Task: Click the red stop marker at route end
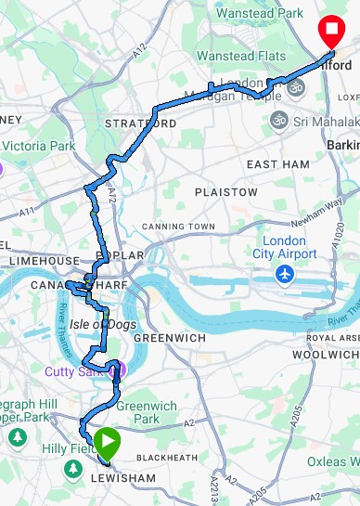[x=329, y=32]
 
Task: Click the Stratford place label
[x=140, y=123]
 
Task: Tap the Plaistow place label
[x=225, y=191]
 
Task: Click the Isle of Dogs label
[x=102, y=323]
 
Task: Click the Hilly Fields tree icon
[x=71, y=471]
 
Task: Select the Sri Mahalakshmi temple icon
[x=277, y=121]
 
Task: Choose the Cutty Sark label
[x=76, y=371]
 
